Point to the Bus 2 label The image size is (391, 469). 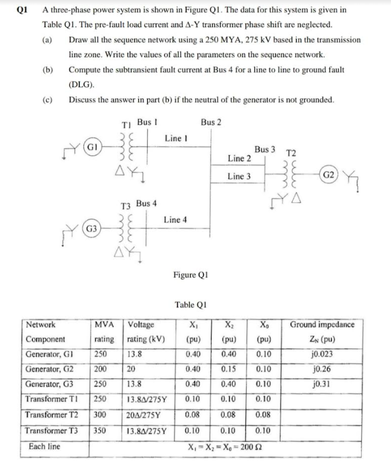211,121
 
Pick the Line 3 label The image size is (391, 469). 239,177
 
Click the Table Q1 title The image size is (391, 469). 192,305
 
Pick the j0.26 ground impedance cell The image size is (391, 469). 322,369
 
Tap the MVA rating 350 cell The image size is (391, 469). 100,430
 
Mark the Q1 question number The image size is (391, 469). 23,10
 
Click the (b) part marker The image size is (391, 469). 48,70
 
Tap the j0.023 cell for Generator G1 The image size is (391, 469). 322,354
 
